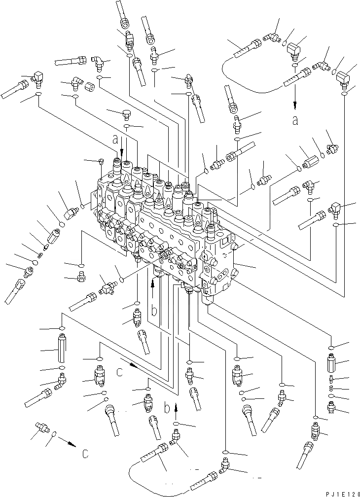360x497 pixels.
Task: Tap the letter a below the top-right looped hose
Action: pos(295,120)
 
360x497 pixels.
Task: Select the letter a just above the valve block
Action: pos(115,140)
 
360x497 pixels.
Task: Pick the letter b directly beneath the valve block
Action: pos(154,311)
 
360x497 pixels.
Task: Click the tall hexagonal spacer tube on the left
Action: pos(62,348)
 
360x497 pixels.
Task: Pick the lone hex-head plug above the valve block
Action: pos(127,114)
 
